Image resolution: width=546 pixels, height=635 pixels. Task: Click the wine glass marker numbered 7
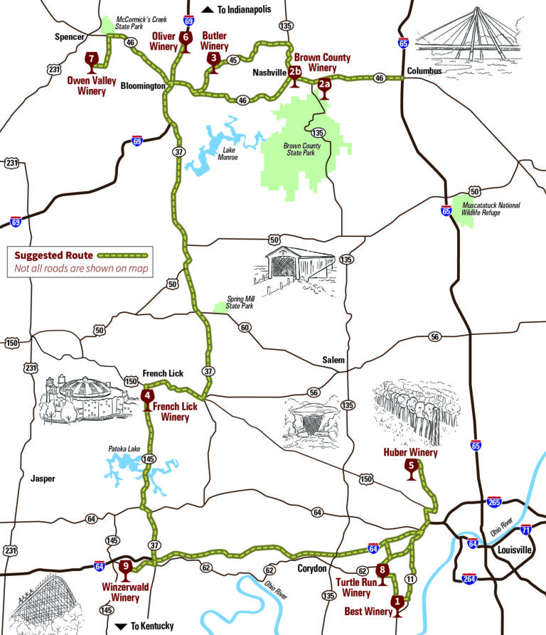[92, 60]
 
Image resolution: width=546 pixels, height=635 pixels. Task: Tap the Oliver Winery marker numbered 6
[186, 39]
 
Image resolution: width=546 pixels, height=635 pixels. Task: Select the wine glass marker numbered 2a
[324, 87]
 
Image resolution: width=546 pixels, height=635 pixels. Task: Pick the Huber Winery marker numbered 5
[410, 469]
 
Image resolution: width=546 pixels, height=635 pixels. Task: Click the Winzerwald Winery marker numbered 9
[126, 569]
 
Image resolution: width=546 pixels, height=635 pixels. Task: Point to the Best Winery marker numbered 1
[397, 602]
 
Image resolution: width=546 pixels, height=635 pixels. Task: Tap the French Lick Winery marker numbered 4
[147, 398]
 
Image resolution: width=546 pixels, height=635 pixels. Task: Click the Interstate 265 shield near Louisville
[494, 503]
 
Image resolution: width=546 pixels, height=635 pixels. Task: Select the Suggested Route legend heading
[52, 254]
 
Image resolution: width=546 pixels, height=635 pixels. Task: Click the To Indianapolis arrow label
[233, 9]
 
